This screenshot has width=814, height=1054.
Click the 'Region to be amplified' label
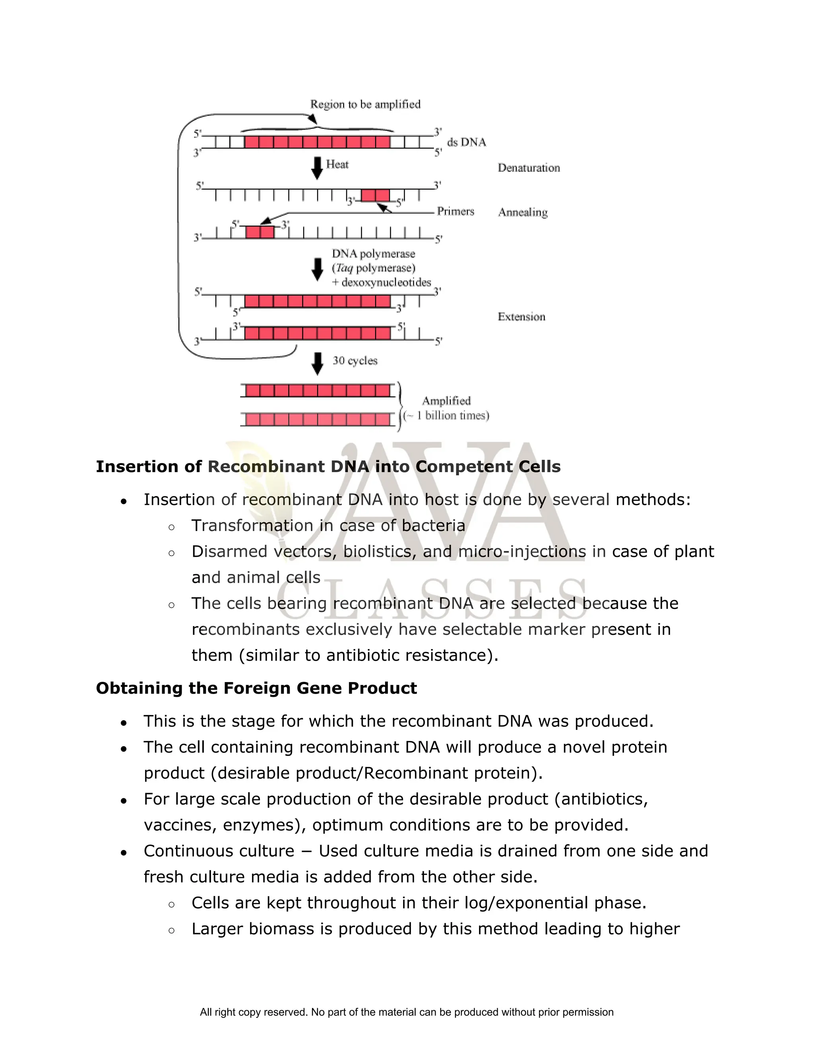[x=365, y=104]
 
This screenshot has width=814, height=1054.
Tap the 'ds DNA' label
[x=466, y=142]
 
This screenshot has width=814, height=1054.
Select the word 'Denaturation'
[x=529, y=168]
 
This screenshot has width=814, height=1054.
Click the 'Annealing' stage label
[x=523, y=212]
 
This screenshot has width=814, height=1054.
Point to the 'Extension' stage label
[x=521, y=317]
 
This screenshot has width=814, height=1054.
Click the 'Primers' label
[x=455, y=211]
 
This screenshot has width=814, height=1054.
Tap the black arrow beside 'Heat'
[x=317, y=167]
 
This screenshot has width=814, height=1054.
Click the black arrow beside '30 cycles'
[x=317, y=363]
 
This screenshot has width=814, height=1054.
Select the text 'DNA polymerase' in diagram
[x=373, y=254]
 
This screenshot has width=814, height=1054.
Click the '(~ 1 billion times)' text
[x=446, y=416]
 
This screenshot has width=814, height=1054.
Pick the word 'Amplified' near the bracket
[x=446, y=401]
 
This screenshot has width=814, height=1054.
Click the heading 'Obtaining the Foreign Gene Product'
[x=256, y=688]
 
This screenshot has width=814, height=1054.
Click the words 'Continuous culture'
[x=219, y=851]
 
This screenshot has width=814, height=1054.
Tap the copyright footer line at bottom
[x=407, y=1012]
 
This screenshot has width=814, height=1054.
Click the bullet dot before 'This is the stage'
[x=124, y=723]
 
